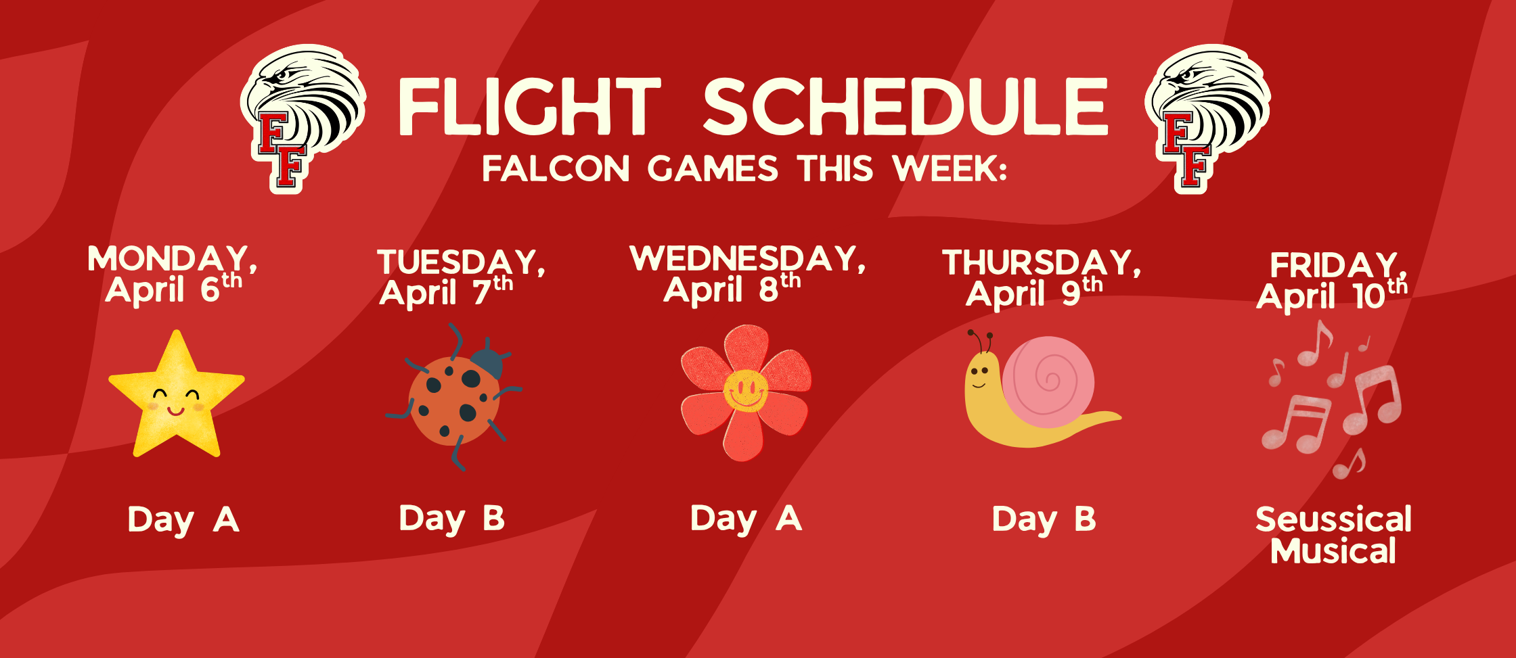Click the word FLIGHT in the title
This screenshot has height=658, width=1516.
pos(529,106)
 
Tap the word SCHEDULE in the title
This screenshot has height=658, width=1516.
pos(906,106)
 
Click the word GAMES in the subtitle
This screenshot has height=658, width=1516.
pos(712,168)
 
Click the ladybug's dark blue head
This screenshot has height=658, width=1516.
pos(487,363)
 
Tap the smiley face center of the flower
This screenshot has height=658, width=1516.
pos(745,390)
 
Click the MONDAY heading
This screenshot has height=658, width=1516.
pos(172,260)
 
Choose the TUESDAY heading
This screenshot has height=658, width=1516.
pos(461,262)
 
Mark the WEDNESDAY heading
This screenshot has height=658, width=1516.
pos(746,259)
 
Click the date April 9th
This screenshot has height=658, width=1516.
pos(1033,293)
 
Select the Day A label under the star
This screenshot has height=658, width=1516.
pos(183,520)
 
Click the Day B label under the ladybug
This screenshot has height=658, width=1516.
pos(451,519)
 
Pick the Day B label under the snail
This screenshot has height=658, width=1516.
pos(1043,519)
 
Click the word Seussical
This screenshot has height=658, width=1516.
pos(1333,519)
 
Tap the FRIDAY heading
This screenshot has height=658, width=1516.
pos(1334,265)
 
